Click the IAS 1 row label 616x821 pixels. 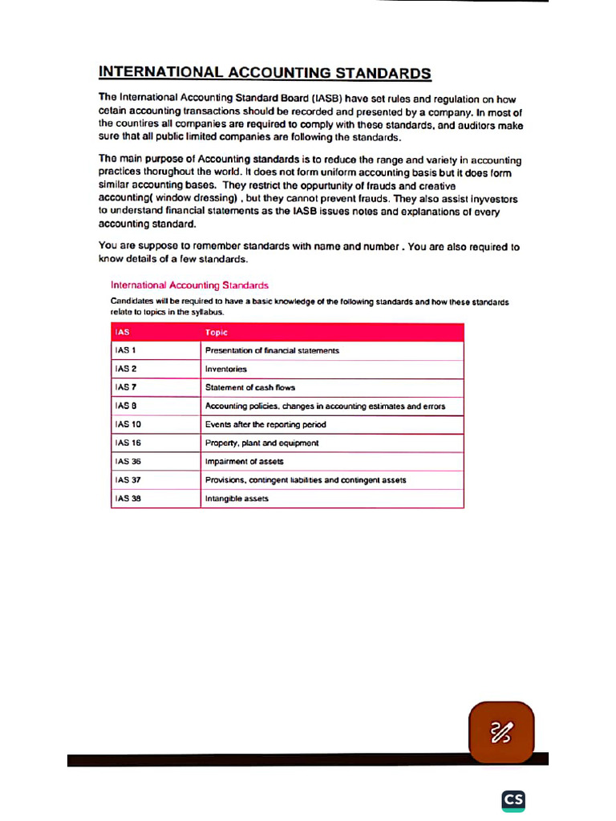(124, 350)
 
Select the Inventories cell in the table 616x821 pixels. (226, 369)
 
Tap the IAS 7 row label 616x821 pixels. (124, 387)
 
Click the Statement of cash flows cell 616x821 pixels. (250, 387)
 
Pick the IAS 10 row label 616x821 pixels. (128, 424)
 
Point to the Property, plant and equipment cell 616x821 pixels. (261, 443)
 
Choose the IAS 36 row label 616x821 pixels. (128, 461)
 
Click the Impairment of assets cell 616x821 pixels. (244, 461)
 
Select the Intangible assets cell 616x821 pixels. (237, 498)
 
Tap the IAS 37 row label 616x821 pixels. (128, 479)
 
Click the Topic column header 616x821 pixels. (217, 332)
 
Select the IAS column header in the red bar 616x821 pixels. (122, 332)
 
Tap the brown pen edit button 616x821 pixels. (501, 732)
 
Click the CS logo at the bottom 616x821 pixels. (513, 800)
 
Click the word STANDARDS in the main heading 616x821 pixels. (383, 73)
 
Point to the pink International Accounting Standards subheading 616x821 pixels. (189, 285)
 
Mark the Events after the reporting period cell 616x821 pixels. (265, 424)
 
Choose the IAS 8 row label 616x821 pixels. (124, 406)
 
